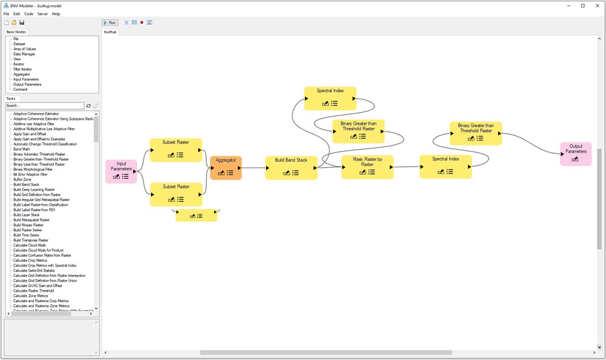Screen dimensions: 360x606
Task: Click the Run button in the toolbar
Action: point(110,22)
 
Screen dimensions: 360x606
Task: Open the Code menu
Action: point(28,13)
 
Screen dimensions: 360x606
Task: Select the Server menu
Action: point(42,13)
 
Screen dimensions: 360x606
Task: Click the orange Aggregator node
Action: point(225,167)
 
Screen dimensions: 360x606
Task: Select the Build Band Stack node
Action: point(291,167)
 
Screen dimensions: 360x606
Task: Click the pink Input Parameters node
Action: point(121,171)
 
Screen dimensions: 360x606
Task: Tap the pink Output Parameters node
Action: point(576,154)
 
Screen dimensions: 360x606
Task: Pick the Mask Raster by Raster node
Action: point(367,167)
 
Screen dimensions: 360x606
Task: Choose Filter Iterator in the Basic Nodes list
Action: point(23,69)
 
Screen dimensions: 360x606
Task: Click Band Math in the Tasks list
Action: point(22,149)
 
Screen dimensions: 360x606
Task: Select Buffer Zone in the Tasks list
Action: point(22,179)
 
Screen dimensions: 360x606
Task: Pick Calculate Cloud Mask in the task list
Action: point(30,245)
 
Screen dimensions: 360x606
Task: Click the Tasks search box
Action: point(44,106)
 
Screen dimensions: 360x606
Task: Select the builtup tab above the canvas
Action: point(110,32)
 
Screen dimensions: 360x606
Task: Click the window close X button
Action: point(596,5)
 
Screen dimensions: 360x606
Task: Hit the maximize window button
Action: point(582,5)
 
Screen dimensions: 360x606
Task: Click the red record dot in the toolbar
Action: point(141,22)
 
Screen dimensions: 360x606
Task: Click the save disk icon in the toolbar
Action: point(22,22)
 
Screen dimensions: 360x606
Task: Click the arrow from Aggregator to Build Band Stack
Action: point(253,167)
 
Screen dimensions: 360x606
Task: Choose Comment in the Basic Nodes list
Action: point(20,90)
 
